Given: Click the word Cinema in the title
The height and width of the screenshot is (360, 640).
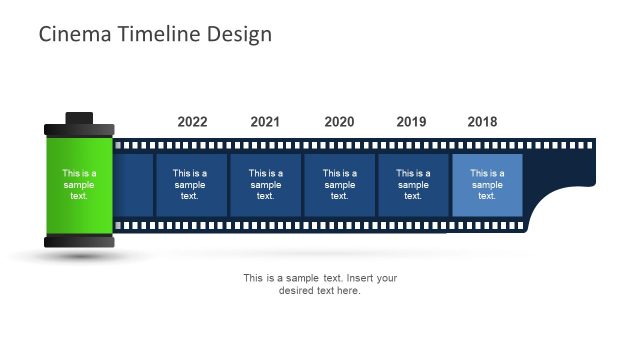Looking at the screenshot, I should pos(69,34).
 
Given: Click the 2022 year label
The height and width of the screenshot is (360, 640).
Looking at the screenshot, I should pos(192,122).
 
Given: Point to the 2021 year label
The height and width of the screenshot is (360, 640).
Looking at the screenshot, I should pos(265,122).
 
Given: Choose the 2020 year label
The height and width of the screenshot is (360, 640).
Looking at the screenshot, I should pos(339,122).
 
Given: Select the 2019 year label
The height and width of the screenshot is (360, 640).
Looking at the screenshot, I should pos(411,122).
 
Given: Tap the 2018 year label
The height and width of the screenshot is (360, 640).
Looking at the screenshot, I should pos(482,122).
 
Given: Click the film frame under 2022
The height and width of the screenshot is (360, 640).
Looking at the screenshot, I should pos(190,185).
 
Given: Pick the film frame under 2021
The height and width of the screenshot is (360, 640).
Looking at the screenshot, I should pos(266,185).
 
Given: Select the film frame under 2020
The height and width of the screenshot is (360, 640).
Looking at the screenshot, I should pos(339,185).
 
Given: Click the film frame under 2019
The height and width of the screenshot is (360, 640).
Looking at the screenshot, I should pos(413,185).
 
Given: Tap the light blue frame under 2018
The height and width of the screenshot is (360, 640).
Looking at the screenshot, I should pos(487,185).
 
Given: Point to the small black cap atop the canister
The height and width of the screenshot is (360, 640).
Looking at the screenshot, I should pos(79,118).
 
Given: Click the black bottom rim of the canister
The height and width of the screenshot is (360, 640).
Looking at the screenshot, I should pos(79,241).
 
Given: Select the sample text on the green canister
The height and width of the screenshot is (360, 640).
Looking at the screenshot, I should pos(79,185).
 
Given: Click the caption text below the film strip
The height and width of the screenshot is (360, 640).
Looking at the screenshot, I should pos(320,284).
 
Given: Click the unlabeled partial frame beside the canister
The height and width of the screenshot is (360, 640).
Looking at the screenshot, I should pos(134,185).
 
